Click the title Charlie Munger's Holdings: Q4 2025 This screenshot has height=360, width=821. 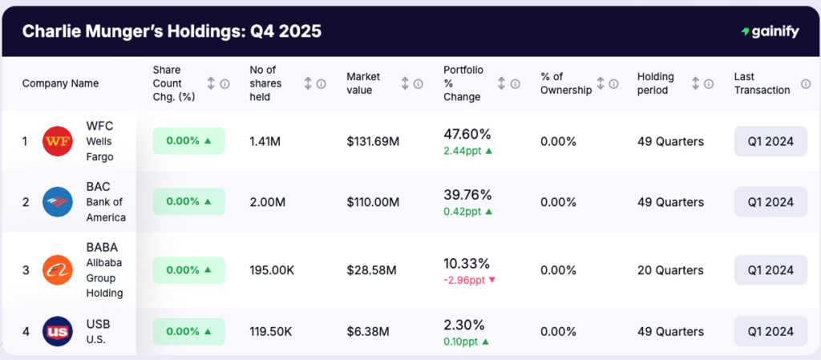point(172,31)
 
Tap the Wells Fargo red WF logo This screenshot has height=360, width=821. point(57,141)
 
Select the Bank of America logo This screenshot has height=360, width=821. point(57,202)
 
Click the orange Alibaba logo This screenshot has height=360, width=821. point(57,271)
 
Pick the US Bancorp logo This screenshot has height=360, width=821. point(57,331)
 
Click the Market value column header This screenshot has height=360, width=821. point(363,83)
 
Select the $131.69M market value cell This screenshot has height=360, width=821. point(373,141)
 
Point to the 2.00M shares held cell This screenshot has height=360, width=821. point(268,202)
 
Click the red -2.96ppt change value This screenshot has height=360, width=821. point(469,280)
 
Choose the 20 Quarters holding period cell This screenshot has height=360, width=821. point(670,271)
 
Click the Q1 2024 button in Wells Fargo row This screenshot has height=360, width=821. point(770,141)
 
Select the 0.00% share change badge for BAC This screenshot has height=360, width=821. point(188,202)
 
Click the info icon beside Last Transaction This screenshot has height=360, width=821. point(806,83)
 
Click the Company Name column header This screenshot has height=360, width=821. point(60,83)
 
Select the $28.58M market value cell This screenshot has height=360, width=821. point(371,271)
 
